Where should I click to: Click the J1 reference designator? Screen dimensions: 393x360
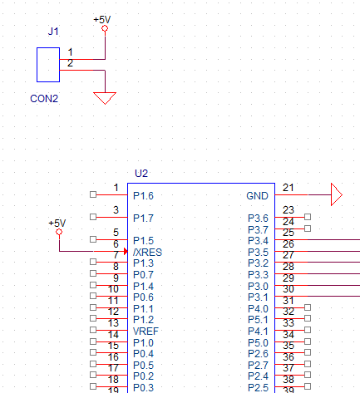point(53,32)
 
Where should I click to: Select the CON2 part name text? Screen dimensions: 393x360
point(44,98)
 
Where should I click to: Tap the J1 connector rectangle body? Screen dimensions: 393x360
point(47,65)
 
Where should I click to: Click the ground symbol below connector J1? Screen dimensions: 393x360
point(105,98)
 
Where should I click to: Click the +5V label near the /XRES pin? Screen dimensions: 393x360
point(57,223)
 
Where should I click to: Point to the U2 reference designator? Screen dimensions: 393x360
point(141,173)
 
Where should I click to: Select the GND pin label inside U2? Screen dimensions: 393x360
point(257,196)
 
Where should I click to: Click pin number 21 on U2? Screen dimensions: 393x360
point(288,188)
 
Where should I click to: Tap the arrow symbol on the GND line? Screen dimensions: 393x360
point(336,195)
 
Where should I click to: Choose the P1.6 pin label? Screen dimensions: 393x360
point(143,196)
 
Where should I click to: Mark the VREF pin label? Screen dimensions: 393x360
point(145,331)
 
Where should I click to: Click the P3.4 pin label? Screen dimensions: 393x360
point(258,241)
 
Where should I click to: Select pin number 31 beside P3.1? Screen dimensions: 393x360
point(288,300)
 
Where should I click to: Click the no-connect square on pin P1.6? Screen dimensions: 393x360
point(91,195)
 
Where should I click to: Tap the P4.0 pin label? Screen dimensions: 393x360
point(258,308)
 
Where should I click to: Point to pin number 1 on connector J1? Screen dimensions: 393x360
point(70,52)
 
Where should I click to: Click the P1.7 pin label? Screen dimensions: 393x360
point(143,219)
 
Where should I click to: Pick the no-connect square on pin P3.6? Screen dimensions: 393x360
point(308,218)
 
